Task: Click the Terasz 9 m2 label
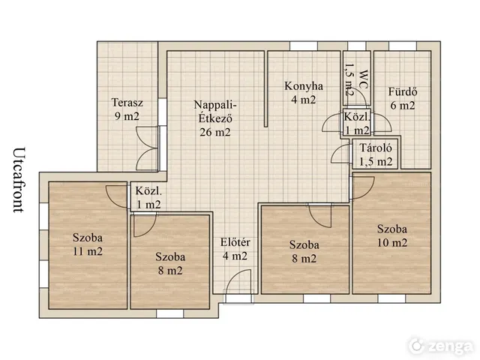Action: tap(127, 109)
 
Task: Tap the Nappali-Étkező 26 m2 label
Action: tap(215, 118)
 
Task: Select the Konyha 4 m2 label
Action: tap(303, 93)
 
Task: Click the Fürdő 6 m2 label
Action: tap(403, 98)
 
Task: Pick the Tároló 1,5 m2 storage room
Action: tap(375, 154)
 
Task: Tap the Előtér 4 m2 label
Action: tap(235, 249)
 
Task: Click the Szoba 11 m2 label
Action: tap(88, 244)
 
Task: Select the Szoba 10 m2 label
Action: tap(392, 235)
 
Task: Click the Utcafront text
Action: tap(19, 180)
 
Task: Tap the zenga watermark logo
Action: tap(441, 346)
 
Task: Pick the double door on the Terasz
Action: tap(147, 148)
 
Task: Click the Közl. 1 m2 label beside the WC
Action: tap(357, 123)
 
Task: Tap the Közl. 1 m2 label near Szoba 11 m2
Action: tap(148, 198)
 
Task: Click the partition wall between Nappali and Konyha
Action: tap(265, 88)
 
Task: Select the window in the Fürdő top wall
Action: tap(403, 46)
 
